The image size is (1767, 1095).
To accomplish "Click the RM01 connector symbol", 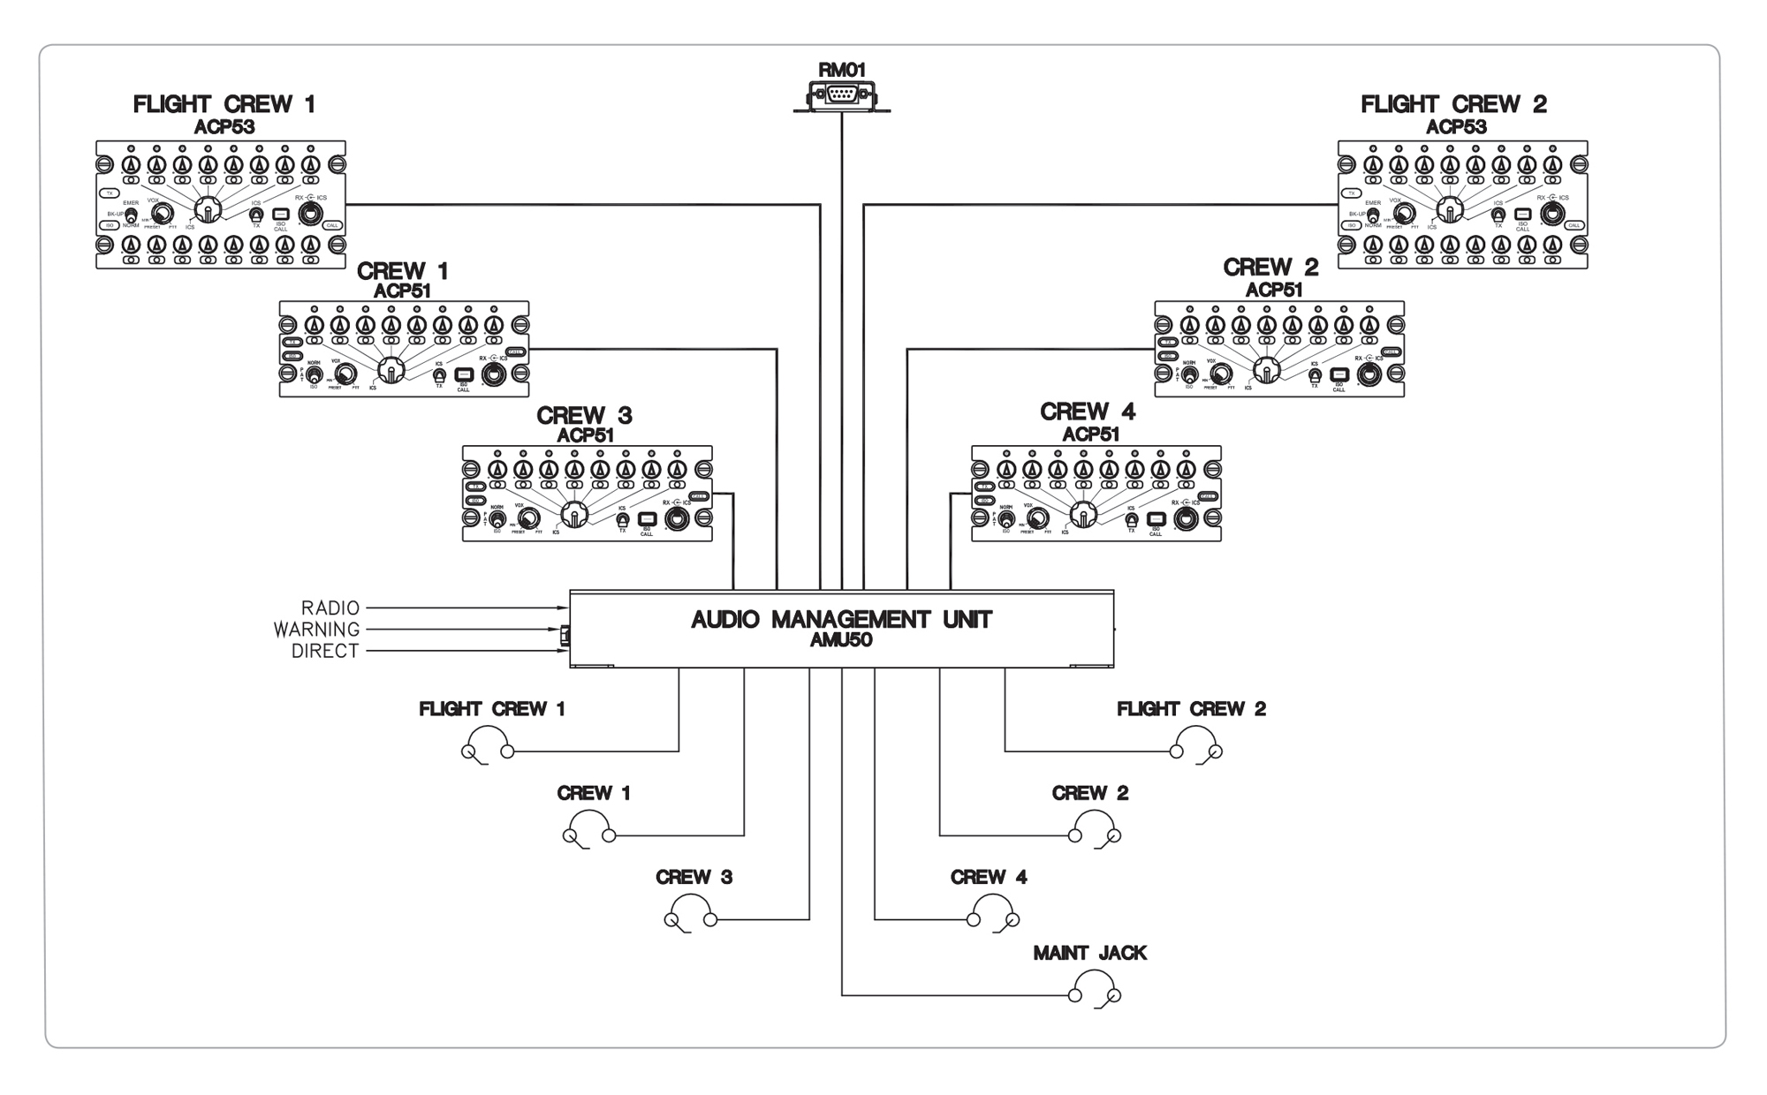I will (841, 94).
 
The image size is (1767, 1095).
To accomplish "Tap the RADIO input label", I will (330, 608).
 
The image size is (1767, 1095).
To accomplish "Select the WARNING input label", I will (316, 630).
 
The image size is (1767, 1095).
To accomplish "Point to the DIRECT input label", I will (325, 652).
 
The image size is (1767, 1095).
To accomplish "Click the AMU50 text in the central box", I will (841, 641).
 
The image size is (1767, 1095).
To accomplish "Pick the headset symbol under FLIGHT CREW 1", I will (488, 744).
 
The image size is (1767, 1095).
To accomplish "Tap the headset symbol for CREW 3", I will (690, 912).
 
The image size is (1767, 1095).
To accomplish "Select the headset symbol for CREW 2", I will (1095, 827).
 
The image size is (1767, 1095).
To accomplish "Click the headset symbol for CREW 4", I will (993, 912).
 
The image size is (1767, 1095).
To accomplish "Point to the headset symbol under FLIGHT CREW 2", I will (1196, 744).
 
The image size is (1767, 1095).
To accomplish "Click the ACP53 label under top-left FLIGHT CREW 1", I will (224, 126).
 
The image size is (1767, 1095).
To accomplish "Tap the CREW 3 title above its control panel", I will (584, 415).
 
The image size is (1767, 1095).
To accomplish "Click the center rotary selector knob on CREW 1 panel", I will (391, 370).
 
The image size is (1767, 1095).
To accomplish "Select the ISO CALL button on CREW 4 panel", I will (1156, 519).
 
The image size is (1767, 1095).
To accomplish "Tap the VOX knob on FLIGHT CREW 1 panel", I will (162, 213).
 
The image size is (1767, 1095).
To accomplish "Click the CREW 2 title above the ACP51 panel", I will (1270, 268).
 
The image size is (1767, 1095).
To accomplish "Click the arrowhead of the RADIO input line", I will (563, 608).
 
